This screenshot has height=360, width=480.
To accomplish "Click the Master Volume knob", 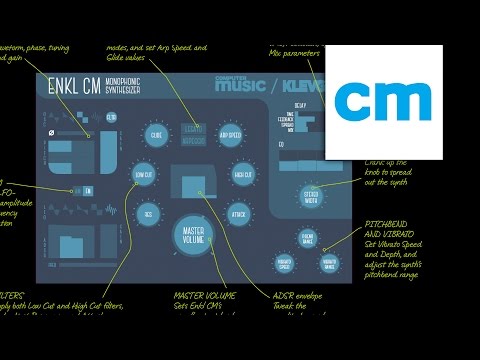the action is point(194,236).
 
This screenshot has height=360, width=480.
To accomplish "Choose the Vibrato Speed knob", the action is point(291,265).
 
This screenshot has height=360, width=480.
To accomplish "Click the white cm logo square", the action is point(384,99).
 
